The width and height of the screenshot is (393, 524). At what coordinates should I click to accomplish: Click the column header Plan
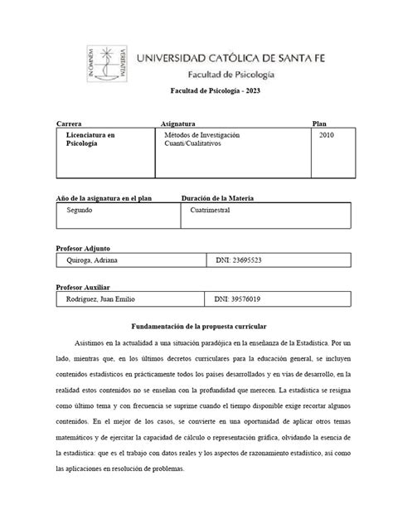(319, 123)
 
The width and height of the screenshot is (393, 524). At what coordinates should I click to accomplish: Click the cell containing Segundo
(80, 211)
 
